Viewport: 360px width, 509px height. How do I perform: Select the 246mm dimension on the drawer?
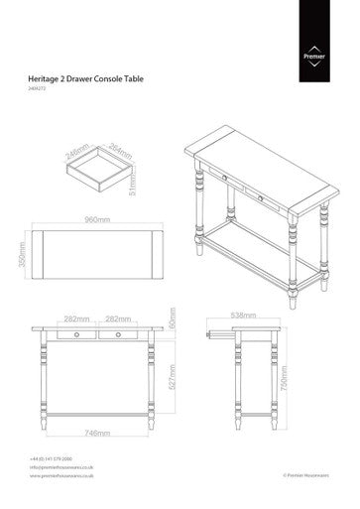click(x=76, y=153)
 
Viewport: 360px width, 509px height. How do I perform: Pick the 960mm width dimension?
click(x=96, y=219)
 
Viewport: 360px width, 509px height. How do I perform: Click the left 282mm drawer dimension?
click(x=76, y=318)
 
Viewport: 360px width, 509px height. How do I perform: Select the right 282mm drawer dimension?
click(x=118, y=318)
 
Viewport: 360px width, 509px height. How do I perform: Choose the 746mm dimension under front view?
click(x=96, y=433)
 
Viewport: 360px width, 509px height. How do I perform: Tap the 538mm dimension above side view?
click(x=244, y=317)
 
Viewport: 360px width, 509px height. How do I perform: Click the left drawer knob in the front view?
click(x=76, y=335)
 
